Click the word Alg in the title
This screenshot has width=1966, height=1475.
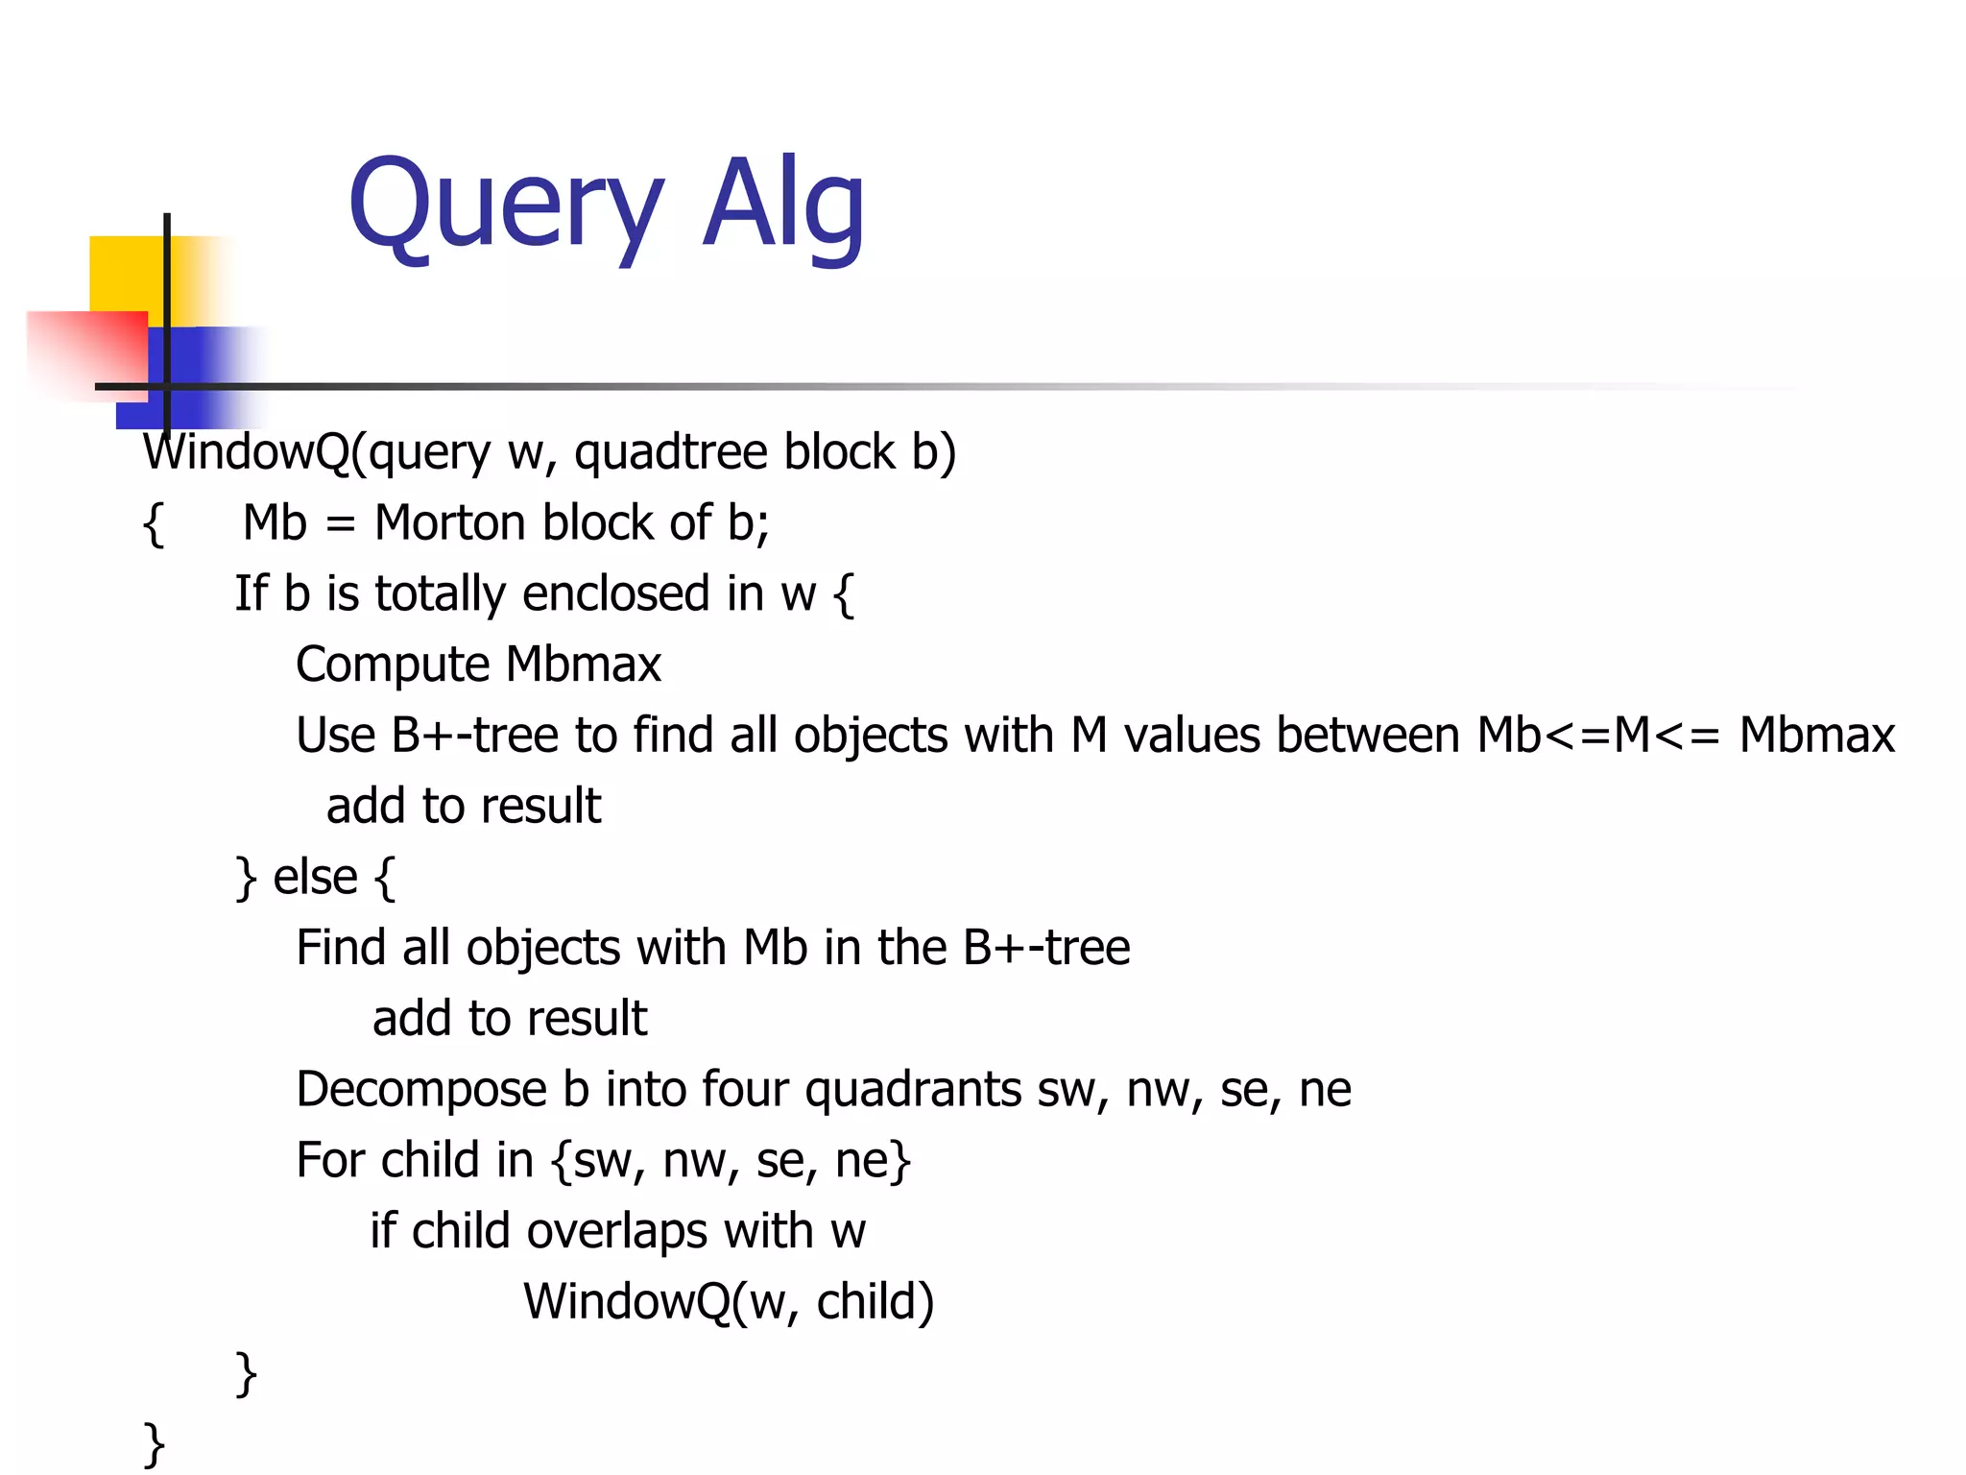point(783,206)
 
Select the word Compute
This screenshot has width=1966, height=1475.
point(393,665)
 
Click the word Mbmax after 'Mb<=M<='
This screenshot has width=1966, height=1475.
point(1816,736)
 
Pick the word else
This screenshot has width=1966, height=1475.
point(315,877)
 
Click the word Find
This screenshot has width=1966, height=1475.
point(341,948)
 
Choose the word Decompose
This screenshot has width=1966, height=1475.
point(422,1090)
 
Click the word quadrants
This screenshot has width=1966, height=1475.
point(913,1090)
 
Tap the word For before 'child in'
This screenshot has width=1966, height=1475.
point(331,1160)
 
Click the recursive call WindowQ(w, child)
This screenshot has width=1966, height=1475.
point(729,1302)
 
